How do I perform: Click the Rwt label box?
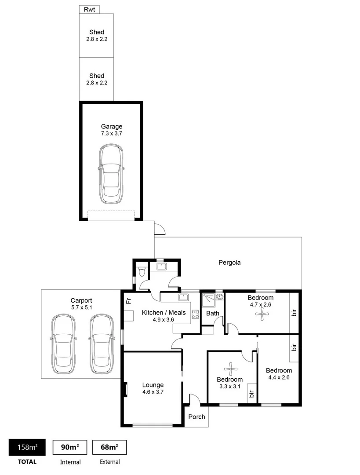coord(90,9)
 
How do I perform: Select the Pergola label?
coord(229,263)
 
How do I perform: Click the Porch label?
coord(196,417)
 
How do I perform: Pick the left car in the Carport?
coord(62,344)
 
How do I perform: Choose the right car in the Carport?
coord(101,344)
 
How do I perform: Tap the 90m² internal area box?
coord(70,447)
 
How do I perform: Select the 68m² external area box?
coord(109,447)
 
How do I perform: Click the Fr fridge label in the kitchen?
coord(128,301)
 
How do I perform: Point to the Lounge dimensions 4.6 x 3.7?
coord(153,392)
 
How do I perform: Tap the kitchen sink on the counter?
coord(183,298)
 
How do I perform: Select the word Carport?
coord(81,301)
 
